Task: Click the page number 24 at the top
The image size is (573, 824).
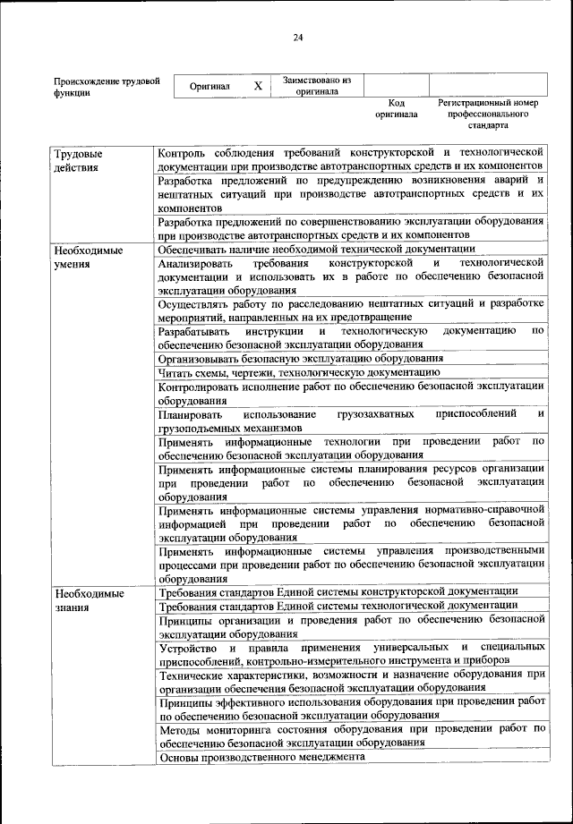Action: [x=297, y=37]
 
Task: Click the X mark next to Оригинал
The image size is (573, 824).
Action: [x=258, y=86]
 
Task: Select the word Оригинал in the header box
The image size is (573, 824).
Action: [x=210, y=87]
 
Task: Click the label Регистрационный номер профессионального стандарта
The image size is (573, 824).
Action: [x=488, y=114]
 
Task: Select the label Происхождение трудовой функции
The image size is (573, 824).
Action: [x=107, y=86]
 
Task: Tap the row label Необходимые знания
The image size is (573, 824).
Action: [x=87, y=599]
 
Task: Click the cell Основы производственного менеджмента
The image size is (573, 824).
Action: [x=261, y=757]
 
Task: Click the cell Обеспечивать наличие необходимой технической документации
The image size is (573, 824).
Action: [x=316, y=249]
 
